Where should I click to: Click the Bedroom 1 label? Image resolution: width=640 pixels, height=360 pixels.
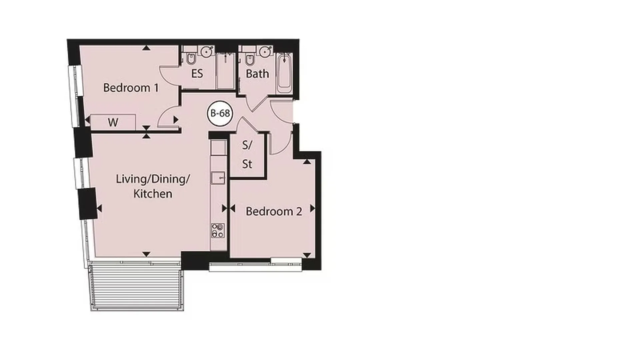coord(131,88)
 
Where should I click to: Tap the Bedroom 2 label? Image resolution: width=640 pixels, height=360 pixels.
coord(274,211)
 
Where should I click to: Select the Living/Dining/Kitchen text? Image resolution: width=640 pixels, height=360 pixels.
coord(153,186)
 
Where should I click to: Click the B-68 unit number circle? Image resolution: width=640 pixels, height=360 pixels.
coord(220,113)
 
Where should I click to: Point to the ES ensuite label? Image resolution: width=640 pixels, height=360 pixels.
coord(197,73)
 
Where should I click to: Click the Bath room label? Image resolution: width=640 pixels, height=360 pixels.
coord(257,74)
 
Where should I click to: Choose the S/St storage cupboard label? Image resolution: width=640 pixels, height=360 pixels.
coord(247,154)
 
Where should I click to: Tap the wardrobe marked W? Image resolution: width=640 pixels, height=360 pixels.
coord(113,122)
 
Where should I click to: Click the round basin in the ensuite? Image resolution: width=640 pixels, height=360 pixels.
coord(207,52)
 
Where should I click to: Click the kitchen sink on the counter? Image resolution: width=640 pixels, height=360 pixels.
coord(218,178)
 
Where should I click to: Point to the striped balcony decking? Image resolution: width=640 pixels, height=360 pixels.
coord(137,286)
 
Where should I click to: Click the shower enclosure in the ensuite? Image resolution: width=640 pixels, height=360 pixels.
coord(226,71)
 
